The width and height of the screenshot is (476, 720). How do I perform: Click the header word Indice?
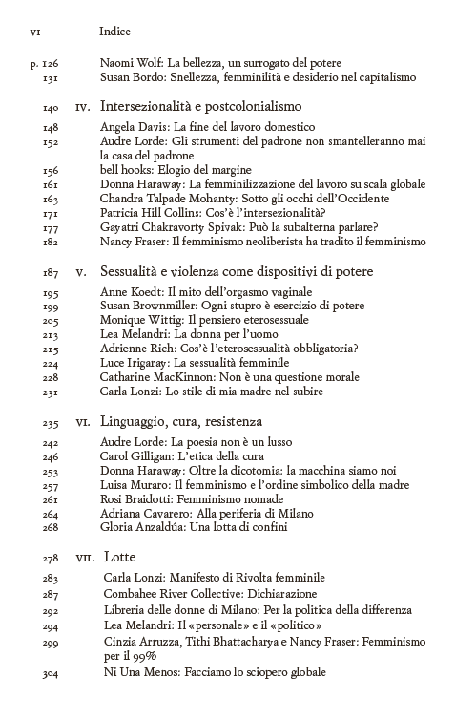click(117, 32)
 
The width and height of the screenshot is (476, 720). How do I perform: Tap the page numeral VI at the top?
click(35, 32)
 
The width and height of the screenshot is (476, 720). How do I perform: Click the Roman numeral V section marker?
click(82, 273)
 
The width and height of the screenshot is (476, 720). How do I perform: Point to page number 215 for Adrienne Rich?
click(51, 349)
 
